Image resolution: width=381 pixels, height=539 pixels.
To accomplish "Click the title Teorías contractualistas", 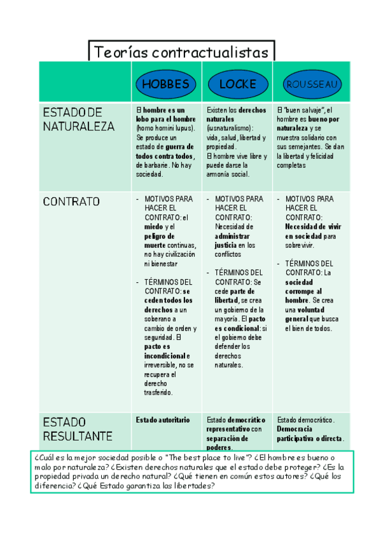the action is click(x=181, y=52).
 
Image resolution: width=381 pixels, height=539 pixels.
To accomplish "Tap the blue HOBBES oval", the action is click(x=165, y=84).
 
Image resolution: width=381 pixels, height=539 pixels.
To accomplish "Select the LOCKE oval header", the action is click(x=237, y=84).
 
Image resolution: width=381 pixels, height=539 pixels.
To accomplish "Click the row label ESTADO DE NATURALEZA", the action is click(x=78, y=119).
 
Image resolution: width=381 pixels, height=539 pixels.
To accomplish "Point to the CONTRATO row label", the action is click(x=71, y=202).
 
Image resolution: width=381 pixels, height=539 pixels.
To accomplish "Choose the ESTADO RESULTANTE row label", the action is click(x=78, y=429).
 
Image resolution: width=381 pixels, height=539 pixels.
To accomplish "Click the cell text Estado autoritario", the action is click(x=163, y=420).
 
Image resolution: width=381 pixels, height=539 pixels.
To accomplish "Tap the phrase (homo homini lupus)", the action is click(x=165, y=128).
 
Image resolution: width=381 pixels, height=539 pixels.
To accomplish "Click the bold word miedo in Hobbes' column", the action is click(x=153, y=226).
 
